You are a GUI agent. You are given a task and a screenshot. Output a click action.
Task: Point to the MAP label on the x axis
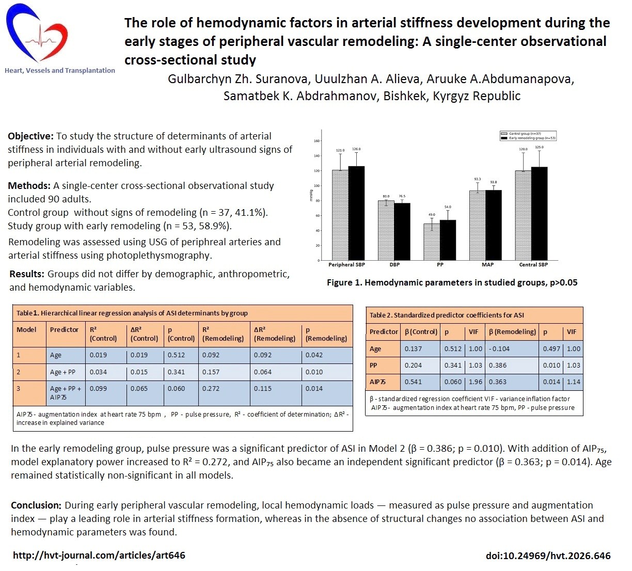487,265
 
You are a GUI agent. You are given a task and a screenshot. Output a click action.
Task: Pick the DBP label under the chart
394,265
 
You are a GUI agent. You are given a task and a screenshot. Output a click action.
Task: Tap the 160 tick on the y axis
317,141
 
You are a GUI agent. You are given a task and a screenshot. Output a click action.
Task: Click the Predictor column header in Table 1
64,330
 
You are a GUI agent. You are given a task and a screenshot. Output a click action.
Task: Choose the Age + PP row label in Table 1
62,372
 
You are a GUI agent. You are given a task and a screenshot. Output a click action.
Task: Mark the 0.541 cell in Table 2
413,382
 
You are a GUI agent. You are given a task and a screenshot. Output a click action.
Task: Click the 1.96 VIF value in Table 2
475,382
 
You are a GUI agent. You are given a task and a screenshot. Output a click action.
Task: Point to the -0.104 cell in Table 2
499,349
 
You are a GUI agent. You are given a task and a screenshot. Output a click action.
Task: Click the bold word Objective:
30,136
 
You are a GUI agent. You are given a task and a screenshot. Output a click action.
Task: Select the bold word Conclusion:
36,505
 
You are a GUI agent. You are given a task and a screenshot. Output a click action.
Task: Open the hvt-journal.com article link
99,556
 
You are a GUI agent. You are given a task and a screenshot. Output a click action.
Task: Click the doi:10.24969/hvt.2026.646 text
548,556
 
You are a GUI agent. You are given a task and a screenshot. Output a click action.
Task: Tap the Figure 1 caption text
452,282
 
